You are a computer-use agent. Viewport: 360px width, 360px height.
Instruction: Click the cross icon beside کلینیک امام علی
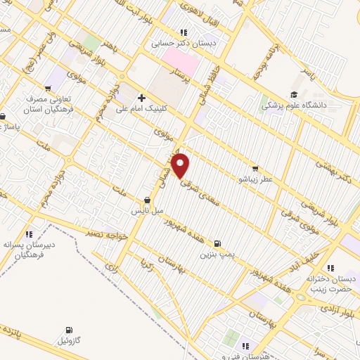141,98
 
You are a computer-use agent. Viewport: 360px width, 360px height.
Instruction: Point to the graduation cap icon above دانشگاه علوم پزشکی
294,94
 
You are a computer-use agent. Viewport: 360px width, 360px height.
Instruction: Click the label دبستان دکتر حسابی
184,43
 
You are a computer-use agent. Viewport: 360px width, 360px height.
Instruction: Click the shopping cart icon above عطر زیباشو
255,168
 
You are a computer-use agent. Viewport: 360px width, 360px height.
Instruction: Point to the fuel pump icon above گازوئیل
68,330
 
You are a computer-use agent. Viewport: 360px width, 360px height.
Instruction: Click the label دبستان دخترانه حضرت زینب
328,283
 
